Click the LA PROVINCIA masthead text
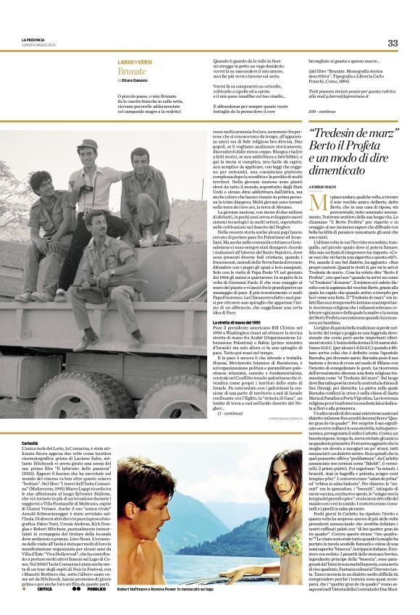click(34, 41)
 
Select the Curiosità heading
click(30, 441)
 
